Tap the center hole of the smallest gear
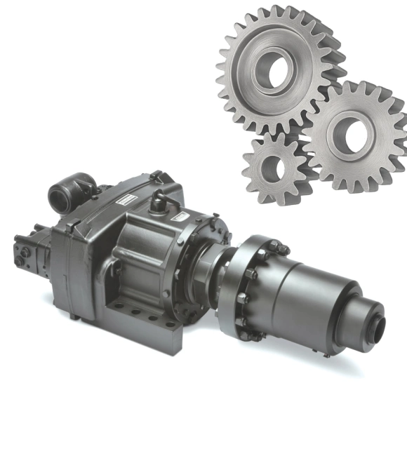click(274, 168)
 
